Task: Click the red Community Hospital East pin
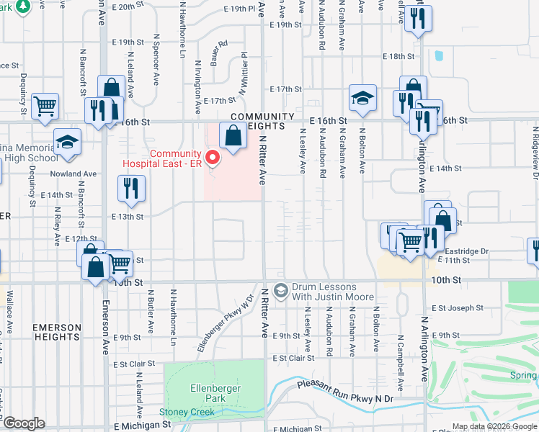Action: [213, 158]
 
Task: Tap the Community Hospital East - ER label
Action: [176, 158]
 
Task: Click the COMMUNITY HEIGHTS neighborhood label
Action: [262, 121]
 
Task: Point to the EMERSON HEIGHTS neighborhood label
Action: [56, 331]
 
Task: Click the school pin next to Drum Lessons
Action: [281, 291]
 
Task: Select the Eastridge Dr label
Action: [471, 251]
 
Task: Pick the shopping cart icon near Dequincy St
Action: [45, 107]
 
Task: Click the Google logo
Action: [24, 423]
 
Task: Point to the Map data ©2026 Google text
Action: [494, 426]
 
